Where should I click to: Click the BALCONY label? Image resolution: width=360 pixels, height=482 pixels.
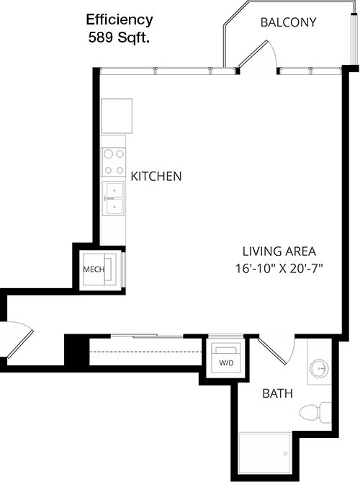click(x=288, y=22)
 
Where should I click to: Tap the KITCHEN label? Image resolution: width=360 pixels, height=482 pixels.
click(x=156, y=176)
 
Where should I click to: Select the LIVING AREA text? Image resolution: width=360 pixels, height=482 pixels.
click(x=279, y=251)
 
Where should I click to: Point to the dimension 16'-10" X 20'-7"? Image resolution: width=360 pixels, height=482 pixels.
click(x=279, y=269)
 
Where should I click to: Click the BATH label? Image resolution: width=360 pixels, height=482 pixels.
click(x=278, y=393)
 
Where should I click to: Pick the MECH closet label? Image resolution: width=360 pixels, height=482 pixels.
click(x=94, y=269)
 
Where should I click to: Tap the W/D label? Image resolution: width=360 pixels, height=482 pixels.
click(x=226, y=363)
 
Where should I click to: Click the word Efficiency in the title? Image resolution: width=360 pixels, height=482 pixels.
click(x=120, y=20)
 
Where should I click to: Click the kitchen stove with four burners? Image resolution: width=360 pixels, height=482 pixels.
click(x=114, y=162)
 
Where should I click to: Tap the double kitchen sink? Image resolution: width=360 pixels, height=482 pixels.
click(x=113, y=199)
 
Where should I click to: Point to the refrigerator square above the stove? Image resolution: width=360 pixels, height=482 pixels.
click(x=117, y=116)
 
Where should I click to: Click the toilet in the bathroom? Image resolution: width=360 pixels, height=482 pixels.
click(x=315, y=411)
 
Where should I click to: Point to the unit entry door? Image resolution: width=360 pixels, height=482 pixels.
click(x=19, y=341)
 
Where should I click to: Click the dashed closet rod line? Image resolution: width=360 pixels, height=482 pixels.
click(x=145, y=352)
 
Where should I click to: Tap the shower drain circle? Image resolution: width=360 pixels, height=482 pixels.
click(x=285, y=453)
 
